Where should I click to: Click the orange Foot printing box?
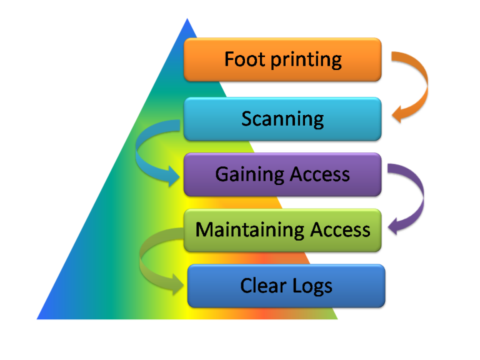282,59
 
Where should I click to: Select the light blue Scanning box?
282,119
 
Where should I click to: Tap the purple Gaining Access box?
282,174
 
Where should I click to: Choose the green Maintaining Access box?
282,230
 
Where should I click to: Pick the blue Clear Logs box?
286,286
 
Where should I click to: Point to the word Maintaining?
240,230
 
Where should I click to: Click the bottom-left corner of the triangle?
37,319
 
